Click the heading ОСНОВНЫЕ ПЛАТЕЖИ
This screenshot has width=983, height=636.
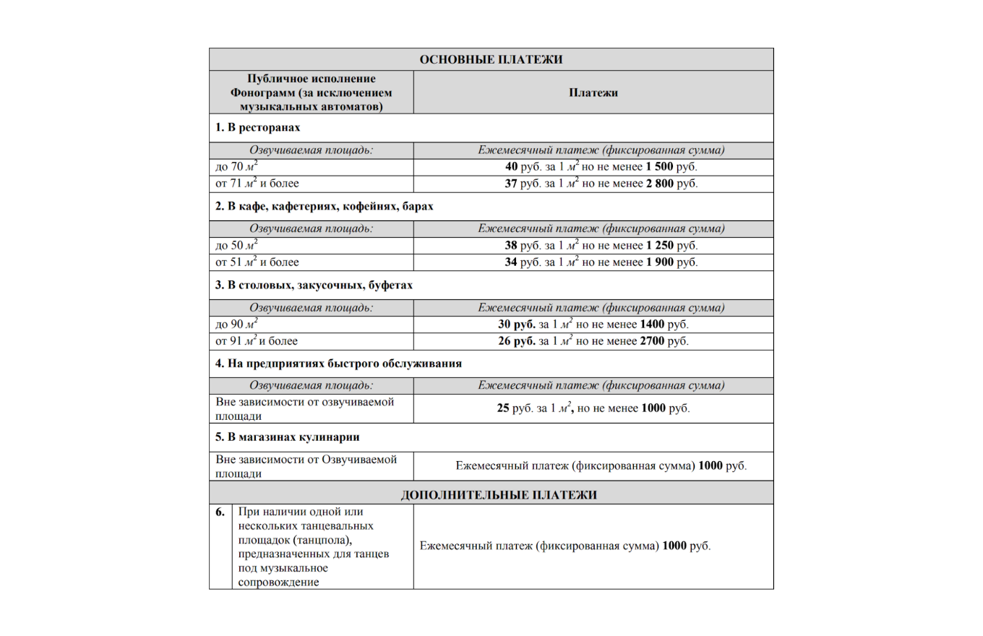coord(491,59)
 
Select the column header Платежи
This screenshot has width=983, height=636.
coord(593,93)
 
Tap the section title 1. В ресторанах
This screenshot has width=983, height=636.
coord(257,127)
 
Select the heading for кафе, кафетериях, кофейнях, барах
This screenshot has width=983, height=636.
coord(324,207)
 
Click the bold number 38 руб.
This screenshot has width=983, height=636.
coord(516,246)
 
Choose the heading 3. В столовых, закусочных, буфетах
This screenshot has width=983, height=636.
coord(314,285)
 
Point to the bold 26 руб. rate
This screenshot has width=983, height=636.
coord(517,341)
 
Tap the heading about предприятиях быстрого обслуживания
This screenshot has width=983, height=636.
coord(338,363)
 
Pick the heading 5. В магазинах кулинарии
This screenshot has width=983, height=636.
coord(288,437)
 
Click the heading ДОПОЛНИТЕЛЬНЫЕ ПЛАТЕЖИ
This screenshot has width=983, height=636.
coord(499,495)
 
